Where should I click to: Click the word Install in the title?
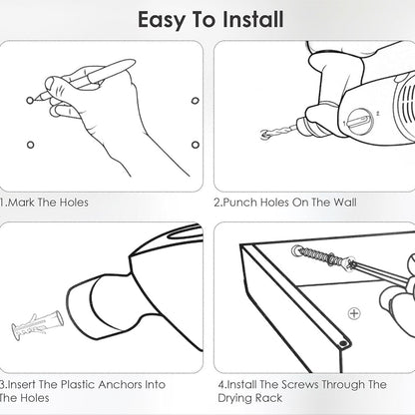click(253, 19)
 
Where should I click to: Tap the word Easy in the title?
click(162, 21)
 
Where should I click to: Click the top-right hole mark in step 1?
click(196, 101)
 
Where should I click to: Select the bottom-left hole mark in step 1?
click(30, 145)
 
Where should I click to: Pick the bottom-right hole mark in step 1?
click(196, 145)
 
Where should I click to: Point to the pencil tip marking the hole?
click(36, 99)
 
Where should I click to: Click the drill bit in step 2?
click(278, 131)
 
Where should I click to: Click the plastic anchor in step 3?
click(37, 324)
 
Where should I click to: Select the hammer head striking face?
click(79, 304)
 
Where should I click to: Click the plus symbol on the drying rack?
click(354, 313)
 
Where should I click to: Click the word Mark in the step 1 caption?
click(22, 203)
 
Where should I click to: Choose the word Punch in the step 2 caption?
click(240, 203)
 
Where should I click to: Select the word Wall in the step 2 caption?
click(345, 203)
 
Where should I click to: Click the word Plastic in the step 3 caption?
click(78, 385)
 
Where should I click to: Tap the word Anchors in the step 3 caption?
click(120, 385)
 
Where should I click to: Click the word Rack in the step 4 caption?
click(269, 398)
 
